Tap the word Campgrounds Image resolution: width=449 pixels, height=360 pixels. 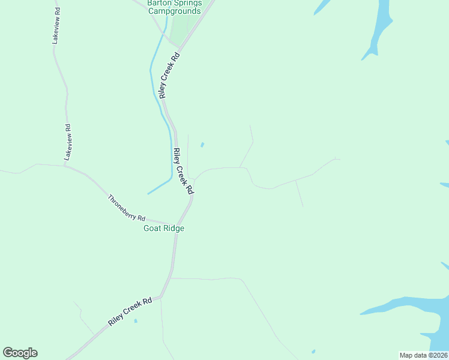(173, 11)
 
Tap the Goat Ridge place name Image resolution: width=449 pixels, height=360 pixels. (163, 229)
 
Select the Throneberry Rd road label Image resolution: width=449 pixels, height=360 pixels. (127, 207)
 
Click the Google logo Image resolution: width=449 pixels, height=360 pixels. (20, 353)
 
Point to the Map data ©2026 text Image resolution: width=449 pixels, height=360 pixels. (424, 355)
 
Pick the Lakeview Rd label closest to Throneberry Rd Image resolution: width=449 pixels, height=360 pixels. (68, 142)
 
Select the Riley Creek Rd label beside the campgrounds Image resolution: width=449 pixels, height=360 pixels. (169, 74)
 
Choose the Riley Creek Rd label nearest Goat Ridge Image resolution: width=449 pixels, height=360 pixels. (182, 171)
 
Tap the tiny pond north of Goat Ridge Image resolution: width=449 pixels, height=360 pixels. (202, 144)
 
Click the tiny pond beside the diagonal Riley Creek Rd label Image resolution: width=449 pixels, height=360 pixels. (136, 321)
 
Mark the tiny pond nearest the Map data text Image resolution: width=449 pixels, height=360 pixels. (313, 352)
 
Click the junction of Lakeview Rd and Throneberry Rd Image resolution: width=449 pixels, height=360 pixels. (65, 165)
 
